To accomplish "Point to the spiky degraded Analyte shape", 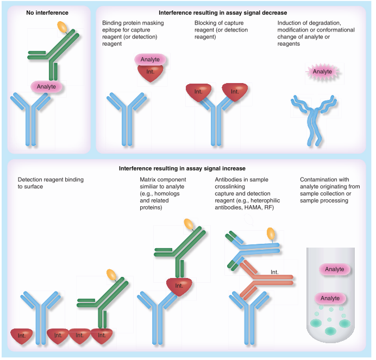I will click(322, 71).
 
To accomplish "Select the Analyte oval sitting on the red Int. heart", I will click(149, 59).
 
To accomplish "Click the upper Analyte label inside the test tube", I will click(335, 269).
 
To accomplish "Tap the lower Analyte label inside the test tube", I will click(330, 298).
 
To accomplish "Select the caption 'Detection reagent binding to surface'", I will click(51, 182).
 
